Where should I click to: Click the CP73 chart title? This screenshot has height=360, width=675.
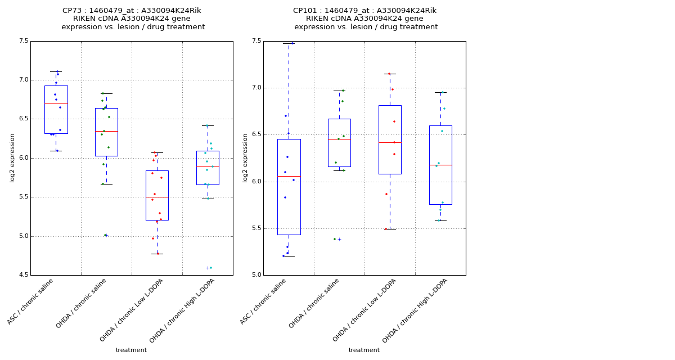pyautogui.click(x=133, y=19)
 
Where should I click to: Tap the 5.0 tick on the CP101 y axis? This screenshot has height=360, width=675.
pyautogui.click(x=256, y=275)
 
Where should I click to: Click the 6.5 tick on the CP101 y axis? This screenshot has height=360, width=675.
pyautogui.click(x=256, y=134)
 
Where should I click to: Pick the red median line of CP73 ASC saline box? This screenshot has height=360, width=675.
pyautogui.click(x=56, y=103)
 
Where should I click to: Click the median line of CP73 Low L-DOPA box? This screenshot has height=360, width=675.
pyautogui.click(x=157, y=197)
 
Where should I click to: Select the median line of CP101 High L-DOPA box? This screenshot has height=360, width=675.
pyautogui.click(x=440, y=165)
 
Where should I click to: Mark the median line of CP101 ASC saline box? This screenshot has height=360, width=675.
pyautogui.click(x=289, y=176)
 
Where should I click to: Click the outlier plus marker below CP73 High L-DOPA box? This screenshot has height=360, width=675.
pyautogui.click(x=208, y=268)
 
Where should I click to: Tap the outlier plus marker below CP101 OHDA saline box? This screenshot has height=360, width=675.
pyautogui.click(x=339, y=239)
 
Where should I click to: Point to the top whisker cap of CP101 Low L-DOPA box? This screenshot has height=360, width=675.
pyautogui.click(x=390, y=74)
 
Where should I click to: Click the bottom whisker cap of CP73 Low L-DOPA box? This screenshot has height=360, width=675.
pyautogui.click(x=157, y=254)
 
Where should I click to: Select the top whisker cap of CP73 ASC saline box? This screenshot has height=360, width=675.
pyautogui.click(x=56, y=71)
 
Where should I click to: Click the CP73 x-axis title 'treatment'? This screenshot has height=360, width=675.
pyautogui.click(x=131, y=350)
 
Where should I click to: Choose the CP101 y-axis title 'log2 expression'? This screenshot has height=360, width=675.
pyautogui.click(x=245, y=157)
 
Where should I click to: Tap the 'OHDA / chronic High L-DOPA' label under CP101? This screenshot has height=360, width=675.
pyautogui.click(x=415, y=310)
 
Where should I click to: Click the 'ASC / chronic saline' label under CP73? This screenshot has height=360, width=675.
pyautogui.click(x=31, y=301)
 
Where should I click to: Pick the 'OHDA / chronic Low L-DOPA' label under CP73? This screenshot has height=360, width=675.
pyautogui.click(x=132, y=310)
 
